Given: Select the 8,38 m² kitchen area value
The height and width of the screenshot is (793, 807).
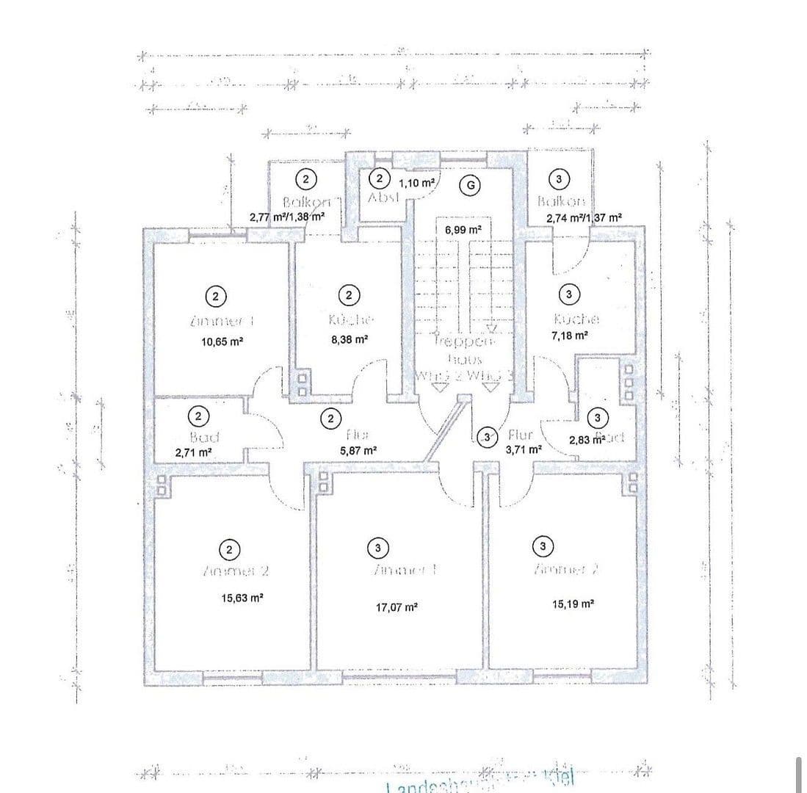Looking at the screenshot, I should click(350, 339).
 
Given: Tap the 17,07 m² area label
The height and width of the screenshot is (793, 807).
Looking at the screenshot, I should click(397, 608).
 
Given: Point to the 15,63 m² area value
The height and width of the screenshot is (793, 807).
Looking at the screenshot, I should click(242, 598).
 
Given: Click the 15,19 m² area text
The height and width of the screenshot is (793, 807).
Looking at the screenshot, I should click(573, 604).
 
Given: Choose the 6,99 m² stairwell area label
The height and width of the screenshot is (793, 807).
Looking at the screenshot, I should click(463, 230).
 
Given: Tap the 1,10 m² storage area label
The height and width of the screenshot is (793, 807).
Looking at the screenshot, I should click(416, 182).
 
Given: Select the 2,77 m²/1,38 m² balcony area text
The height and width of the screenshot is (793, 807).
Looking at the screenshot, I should click(287, 217).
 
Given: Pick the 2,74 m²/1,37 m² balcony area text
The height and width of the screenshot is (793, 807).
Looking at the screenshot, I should click(585, 218).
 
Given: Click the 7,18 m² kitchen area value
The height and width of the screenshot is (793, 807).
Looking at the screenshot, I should click(570, 335).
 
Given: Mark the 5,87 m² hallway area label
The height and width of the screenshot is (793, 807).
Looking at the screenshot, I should click(359, 449).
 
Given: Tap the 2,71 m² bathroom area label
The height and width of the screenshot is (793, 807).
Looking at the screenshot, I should click(194, 452).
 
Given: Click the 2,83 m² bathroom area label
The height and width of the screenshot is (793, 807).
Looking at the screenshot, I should click(587, 439).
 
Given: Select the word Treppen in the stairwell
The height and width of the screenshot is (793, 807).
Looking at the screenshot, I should click(464, 341).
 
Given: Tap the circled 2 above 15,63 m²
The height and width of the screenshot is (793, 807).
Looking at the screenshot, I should click(230, 549).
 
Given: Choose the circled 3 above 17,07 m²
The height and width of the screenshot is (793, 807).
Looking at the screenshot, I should click(377, 547).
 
